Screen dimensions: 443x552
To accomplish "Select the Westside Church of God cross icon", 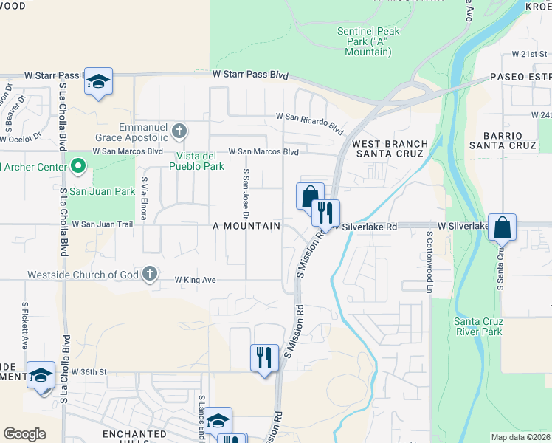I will coord(150,275).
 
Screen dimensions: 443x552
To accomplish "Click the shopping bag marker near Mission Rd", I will coord(310,196).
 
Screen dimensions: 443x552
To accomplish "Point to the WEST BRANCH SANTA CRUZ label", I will coord(390,148).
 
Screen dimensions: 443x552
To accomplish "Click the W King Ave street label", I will coord(195,280).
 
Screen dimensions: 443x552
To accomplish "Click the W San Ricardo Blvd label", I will coord(310,122).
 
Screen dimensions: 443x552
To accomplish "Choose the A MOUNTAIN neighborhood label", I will coord(246,226).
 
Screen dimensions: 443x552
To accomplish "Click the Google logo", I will coord(24,434).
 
